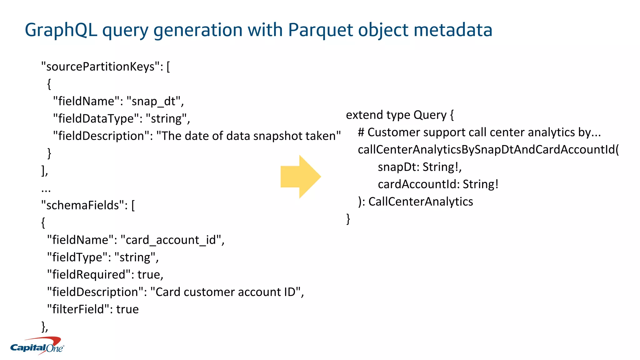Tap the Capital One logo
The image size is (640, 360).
pos(37,346)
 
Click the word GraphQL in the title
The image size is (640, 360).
pos(61,30)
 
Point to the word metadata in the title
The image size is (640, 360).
pos(453,30)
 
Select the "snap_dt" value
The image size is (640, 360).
pos(153,101)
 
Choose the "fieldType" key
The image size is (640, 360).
pos(77,257)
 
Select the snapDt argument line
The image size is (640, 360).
pos(419,167)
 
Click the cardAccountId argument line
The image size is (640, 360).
pos(438,184)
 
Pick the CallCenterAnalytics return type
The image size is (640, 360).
pos(421,202)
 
